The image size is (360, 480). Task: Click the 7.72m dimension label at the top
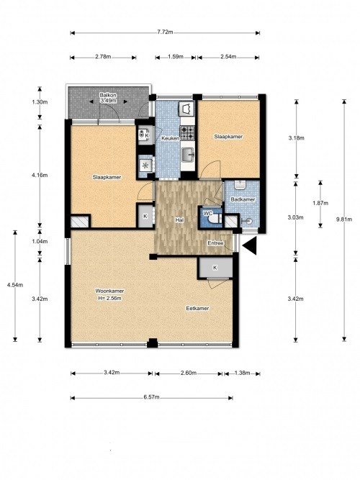tap(165, 32)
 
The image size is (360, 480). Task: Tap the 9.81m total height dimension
tap(343, 219)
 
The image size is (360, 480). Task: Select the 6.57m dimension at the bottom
tap(151, 397)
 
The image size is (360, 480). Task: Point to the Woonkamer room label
tap(109, 291)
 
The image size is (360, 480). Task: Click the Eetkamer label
tap(197, 308)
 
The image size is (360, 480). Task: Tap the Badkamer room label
tap(243, 199)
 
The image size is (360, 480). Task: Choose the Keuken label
tap(171, 138)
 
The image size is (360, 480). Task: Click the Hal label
tap(179, 219)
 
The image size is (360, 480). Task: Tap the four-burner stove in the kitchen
tap(187, 132)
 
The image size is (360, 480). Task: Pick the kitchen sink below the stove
tap(187, 155)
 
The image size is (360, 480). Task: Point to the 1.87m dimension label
tap(320, 203)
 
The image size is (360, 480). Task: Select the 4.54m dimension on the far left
tap(15, 285)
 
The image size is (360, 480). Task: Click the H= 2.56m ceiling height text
tap(109, 298)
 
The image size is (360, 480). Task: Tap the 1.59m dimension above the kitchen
tap(176, 56)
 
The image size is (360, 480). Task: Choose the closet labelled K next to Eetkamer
tap(215, 268)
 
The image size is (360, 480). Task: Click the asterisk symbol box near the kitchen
tap(145, 166)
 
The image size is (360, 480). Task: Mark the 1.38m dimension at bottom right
tap(242, 373)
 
